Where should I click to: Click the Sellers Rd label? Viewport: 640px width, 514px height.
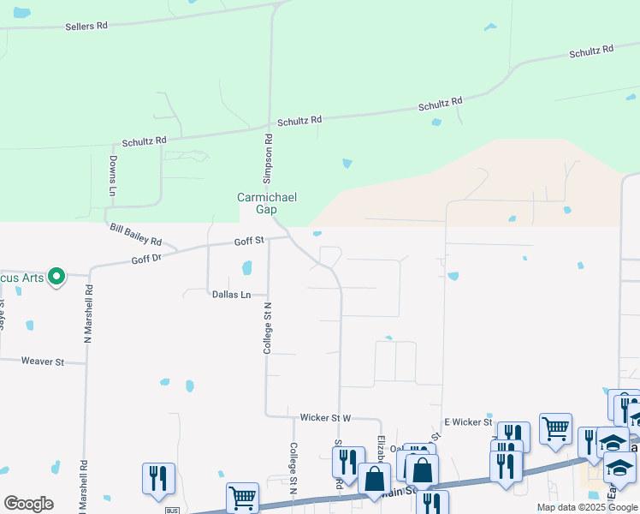coord(86,27)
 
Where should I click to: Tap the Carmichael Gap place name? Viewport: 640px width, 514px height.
coord(267,203)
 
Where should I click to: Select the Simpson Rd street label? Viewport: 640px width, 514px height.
coord(268,160)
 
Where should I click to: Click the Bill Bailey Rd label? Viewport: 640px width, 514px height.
coord(136,235)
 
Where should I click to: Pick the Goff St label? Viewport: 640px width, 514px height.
coord(250,242)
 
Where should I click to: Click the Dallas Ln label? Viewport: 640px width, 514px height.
coord(231,295)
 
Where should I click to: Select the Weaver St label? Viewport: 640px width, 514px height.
coord(43,362)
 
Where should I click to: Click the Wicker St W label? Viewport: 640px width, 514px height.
coord(325,418)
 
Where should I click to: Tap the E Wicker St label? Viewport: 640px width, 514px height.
coord(468,422)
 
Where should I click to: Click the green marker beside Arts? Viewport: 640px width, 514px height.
coord(56,276)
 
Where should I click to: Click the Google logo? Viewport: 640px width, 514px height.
coord(28,504)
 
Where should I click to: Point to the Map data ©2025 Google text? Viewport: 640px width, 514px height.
coord(587,507)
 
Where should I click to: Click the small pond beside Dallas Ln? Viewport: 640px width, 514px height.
coord(247,268)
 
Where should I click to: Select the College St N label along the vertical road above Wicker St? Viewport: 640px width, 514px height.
coord(267,328)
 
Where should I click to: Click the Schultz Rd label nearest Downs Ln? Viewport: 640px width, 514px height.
coord(144,140)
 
